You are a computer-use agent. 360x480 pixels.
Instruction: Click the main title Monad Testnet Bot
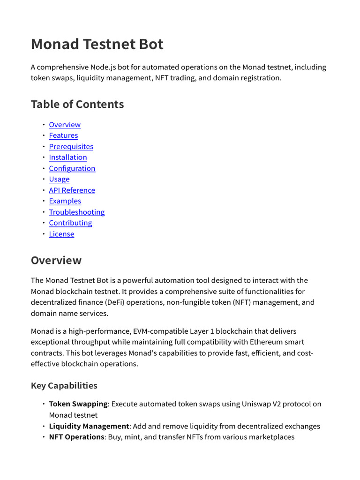(x=97, y=44)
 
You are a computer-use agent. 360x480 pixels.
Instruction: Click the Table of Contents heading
(x=77, y=104)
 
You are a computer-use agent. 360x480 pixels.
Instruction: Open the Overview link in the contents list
(x=65, y=125)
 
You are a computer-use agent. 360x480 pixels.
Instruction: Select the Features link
(x=63, y=135)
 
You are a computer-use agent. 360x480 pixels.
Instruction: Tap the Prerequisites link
(x=71, y=147)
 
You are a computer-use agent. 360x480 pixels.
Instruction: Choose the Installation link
(x=68, y=157)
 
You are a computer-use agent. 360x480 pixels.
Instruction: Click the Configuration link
(x=72, y=168)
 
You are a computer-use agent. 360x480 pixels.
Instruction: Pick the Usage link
(x=59, y=179)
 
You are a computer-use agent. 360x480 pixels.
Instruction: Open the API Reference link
(x=72, y=190)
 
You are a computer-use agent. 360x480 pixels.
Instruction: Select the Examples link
(x=65, y=201)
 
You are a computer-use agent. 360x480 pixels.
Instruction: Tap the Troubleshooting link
(x=77, y=212)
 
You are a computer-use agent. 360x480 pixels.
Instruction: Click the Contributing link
(x=70, y=223)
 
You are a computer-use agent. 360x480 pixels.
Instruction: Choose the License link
(x=61, y=234)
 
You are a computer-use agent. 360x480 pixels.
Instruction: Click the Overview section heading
(x=56, y=260)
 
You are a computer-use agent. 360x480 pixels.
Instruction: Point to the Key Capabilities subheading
(x=64, y=386)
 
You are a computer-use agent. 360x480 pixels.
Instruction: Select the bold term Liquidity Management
(x=89, y=426)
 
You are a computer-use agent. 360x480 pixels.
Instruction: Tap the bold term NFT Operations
(x=76, y=437)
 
